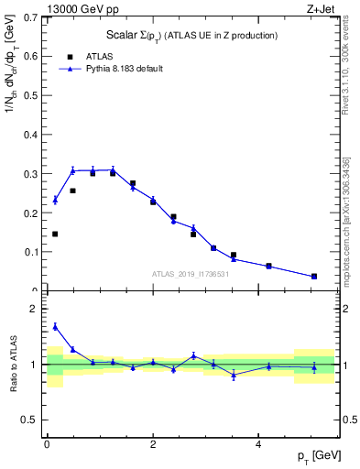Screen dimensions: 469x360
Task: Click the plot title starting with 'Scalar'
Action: click(191, 35)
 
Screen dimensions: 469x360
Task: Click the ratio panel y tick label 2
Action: click(34, 309)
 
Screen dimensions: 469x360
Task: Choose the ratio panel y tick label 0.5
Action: click(29, 420)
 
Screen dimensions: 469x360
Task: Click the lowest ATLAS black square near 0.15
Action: click(55, 234)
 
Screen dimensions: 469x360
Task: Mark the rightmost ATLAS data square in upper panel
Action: click(314, 276)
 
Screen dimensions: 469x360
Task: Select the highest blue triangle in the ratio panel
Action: click(55, 326)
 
